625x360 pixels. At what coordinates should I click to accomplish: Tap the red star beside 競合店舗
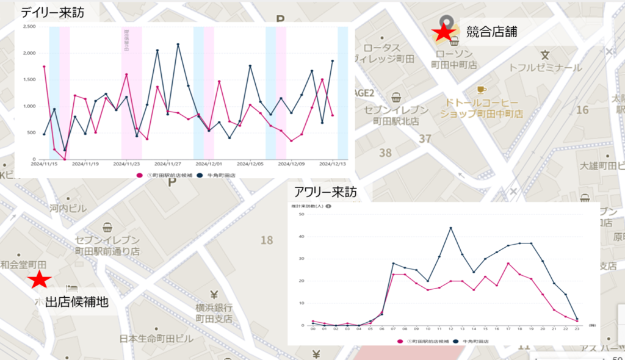(444, 34)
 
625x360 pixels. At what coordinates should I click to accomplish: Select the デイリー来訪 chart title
(52, 12)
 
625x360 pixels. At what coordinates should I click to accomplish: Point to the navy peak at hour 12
(450, 228)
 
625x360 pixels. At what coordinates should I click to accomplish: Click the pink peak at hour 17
(508, 263)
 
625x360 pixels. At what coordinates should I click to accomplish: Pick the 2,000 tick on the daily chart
(29, 53)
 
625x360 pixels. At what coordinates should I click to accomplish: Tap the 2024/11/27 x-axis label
(168, 164)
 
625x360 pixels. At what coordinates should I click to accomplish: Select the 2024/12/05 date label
(250, 164)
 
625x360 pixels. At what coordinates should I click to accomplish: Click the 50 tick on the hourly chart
(302, 214)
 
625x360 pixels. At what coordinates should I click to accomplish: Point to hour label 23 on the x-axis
(577, 330)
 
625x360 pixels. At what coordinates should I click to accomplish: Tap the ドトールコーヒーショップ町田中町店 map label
(482, 109)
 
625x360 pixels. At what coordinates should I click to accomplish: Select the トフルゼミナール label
(545, 68)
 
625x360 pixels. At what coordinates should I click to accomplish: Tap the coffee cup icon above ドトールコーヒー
(482, 89)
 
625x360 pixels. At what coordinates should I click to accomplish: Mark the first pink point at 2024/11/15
(44, 66)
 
